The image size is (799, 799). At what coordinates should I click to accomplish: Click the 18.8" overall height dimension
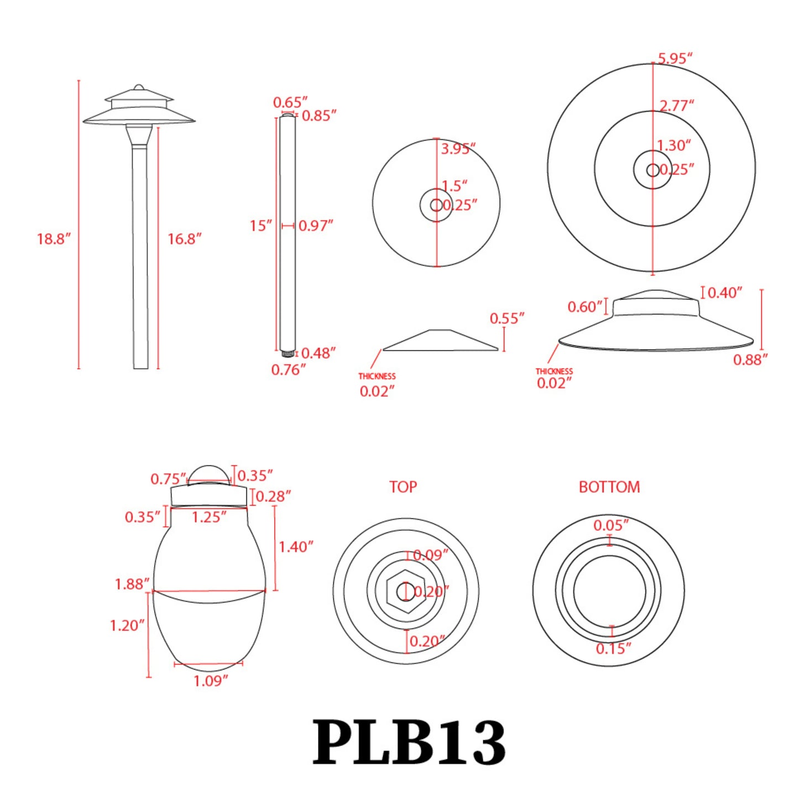pos(54,239)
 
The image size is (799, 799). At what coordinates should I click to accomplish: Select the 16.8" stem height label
pos(184,239)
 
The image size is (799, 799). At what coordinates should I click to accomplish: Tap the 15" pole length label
pos(260,226)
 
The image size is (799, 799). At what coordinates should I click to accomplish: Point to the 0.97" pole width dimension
pos(315,226)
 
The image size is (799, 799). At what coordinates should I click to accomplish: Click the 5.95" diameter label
pos(675,59)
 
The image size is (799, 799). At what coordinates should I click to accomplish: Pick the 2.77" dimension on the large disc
pos(676,105)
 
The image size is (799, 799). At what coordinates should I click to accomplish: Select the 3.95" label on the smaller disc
pos(458,149)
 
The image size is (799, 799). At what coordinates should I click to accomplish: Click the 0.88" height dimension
pos(750,360)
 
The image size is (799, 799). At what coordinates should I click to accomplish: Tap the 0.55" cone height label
pos(506,318)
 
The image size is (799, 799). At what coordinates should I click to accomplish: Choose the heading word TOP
pos(403,487)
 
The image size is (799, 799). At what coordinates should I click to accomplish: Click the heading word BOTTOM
pos(609,487)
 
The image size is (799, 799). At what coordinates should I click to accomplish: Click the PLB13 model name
pos(409,743)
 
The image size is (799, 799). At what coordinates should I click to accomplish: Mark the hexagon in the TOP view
pos(406,592)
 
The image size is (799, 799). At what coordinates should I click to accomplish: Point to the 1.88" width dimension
pos(132,584)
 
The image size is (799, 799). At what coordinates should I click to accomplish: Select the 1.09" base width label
pos(210,681)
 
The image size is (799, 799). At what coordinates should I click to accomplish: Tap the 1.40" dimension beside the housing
pos(295,547)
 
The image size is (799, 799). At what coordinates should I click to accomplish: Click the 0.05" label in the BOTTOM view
pos(610,525)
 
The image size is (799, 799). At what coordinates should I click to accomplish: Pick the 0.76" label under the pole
pos(288,370)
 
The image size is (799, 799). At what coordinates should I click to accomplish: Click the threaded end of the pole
pos(287,353)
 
